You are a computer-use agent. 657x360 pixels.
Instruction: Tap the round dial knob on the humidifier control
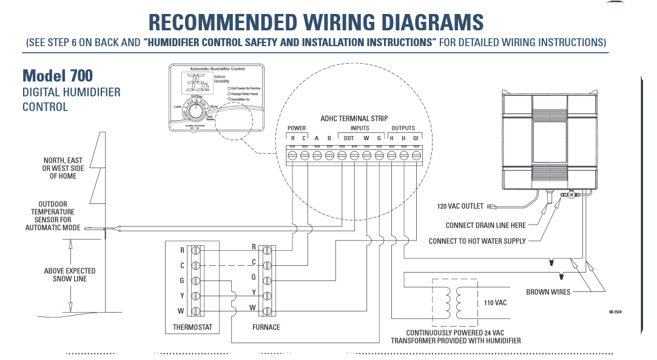pos(196,112)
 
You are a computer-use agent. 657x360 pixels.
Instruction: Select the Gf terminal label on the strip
pos(416,138)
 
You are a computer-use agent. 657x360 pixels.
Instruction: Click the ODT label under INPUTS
pos(349,138)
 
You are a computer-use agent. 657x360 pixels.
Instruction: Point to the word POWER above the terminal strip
pos(297,128)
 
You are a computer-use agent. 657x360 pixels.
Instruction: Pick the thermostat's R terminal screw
pos(195,250)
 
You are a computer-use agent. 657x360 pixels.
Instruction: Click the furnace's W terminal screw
pos(267,311)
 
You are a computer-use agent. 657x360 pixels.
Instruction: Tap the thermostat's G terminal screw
pos(195,280)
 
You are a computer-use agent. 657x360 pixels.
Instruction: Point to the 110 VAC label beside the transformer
pos(495,302)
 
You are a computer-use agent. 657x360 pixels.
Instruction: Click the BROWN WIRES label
pos(548,292)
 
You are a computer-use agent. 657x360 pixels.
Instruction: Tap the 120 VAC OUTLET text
pos(460,206)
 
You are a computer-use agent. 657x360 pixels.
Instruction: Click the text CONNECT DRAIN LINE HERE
pos(485,225)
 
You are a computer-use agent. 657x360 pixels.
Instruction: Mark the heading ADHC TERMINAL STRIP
pos(354,118)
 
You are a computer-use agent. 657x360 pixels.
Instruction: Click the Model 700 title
pos(58,75)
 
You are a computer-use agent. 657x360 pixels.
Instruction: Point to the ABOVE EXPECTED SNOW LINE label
pos(70,274)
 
